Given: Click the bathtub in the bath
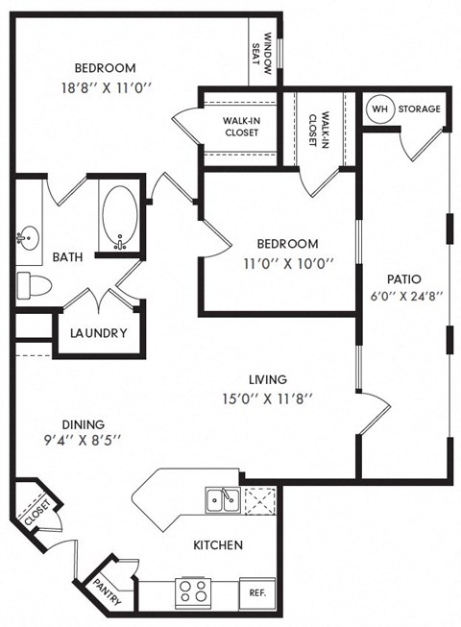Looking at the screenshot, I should click(x=121, y=217).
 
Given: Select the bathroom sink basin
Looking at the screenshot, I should click(x=26, y=236).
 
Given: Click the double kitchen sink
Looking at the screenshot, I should click(x=222, y=499).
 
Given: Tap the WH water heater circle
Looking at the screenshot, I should click(x=379, y=109).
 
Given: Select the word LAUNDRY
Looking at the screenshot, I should click(x=98, y=333).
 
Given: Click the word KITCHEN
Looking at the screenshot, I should click(x=217, y=544).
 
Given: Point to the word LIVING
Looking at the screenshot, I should click(x=266, y=379).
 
